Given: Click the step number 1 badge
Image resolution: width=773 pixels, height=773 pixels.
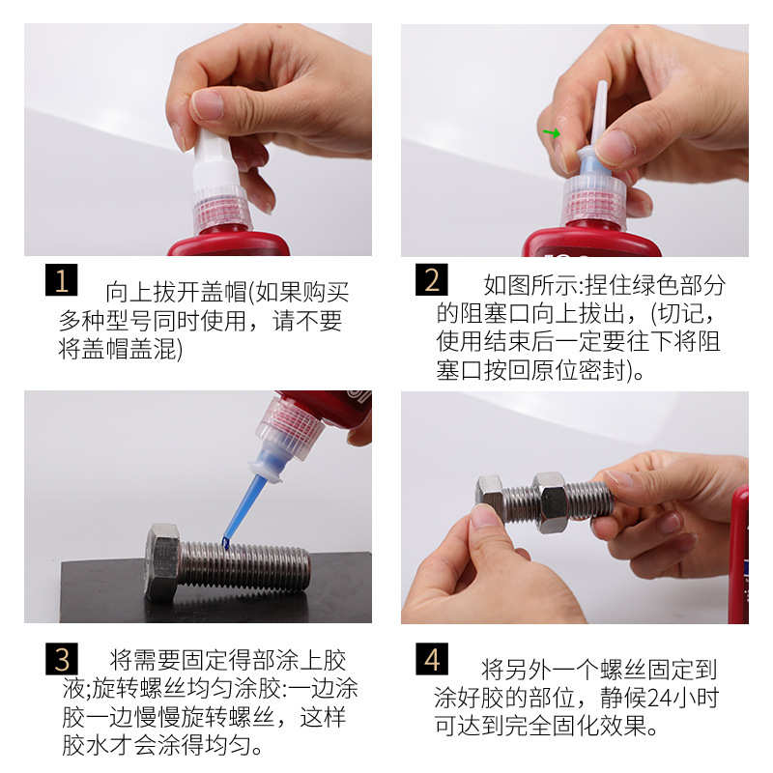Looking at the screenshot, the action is tap(61, 279).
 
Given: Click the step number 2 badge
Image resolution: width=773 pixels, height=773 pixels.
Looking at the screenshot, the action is tap(431, 279).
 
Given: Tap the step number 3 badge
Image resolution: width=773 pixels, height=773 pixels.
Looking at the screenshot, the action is tap(62, 659).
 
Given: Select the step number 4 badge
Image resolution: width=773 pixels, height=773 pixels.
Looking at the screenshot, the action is tap(432, 659).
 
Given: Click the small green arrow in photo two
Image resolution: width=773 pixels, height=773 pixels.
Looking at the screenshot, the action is tap(552, 132).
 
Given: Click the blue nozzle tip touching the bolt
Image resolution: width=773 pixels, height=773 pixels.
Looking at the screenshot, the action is tap(226, 543).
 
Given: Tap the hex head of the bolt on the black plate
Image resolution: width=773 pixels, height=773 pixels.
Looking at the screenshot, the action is tap(162, 561).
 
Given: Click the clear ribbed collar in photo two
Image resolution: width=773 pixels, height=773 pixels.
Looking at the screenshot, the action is tap(593, 202).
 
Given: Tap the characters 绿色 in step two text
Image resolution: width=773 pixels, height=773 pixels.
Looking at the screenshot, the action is tap(655, 285).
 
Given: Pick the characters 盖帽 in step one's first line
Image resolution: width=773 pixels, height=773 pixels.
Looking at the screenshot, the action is tap(223, 292).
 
